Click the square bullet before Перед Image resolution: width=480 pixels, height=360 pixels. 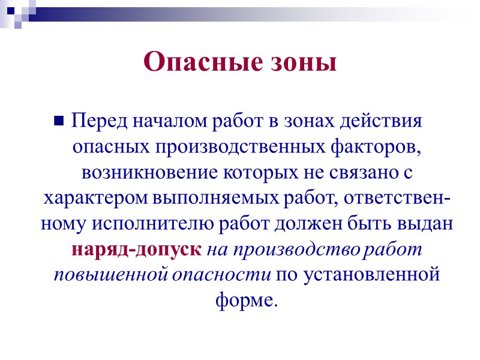click(59, 121)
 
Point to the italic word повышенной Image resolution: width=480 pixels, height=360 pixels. click(97, 274)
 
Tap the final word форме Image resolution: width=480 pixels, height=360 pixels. click(246, 299)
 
